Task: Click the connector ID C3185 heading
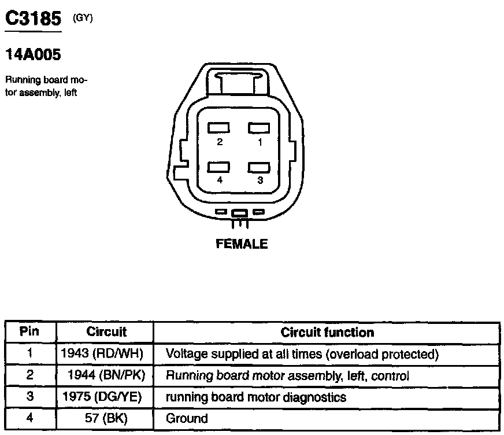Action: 33,19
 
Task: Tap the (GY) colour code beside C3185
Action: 83,18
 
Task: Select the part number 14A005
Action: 33,55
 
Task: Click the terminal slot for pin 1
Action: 260,127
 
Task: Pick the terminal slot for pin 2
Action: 220,127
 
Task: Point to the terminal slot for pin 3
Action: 260,167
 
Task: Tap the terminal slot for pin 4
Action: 220,167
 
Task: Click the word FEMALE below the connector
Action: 242,244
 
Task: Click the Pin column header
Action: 29,332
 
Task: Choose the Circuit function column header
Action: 327,332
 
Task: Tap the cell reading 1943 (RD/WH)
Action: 102,353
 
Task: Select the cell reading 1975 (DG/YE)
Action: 102,397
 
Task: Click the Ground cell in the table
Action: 187,418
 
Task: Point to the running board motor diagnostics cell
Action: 256,397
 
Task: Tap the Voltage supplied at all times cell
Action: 302,353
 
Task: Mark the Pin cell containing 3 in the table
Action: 29,397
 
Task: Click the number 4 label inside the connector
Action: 220,180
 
